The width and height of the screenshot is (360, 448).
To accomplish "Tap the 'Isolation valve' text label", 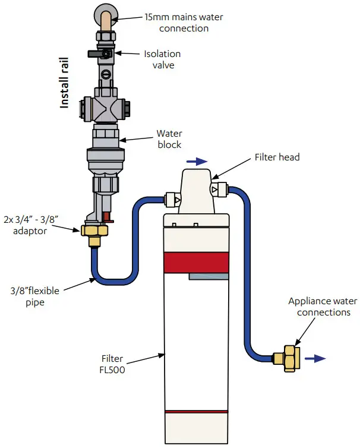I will tap(162, 59).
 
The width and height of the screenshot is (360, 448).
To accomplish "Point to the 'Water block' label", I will tap(169, 139).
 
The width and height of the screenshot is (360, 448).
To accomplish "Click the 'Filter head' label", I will tap(277, 157).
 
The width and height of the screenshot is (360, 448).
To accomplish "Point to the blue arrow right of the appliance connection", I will tap(319, 358).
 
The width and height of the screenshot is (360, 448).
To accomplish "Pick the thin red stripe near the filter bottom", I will tap(195, 411).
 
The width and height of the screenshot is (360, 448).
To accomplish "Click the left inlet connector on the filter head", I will tap(170, 198).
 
